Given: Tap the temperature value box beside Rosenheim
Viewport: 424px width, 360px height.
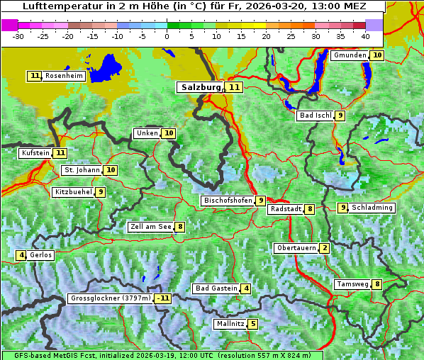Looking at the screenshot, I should (35, 76).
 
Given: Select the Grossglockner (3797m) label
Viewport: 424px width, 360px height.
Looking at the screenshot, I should (111, 298).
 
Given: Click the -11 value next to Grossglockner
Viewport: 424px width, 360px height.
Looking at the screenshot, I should (163, 298).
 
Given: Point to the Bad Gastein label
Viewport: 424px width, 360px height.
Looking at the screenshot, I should (216, 288).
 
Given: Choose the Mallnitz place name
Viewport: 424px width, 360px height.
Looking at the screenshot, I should (230, 324).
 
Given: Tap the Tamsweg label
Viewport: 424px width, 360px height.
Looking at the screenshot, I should (352, 284).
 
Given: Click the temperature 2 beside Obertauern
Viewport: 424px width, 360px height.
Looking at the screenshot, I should (324, 248).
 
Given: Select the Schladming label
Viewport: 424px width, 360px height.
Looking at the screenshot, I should (372, 208).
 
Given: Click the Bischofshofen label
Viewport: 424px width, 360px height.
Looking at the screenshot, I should (228, 201).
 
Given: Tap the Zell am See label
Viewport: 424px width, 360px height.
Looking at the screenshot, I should (150, 227).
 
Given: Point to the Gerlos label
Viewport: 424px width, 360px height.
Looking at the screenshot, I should (41, 255).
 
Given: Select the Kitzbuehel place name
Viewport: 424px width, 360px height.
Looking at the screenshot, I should (73, 192).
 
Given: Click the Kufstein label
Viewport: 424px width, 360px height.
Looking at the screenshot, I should (35, 152).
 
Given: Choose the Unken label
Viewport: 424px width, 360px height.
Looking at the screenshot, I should (147, 133).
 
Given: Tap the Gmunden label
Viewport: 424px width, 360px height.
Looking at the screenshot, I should (350, 55).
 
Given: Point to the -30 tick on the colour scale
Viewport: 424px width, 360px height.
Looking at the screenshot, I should (18, 35).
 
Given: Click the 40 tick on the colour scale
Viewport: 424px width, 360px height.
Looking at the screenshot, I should (365, 35).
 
